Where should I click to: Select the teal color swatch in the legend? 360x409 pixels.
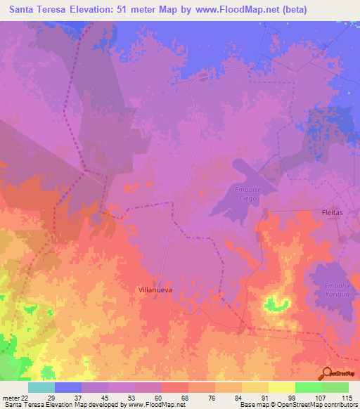coord(41,387)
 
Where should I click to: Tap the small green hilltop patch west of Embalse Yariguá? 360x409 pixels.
coord(276,304)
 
